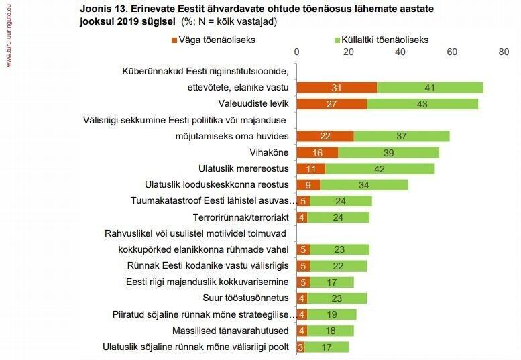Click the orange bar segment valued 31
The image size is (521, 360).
click(336, 88)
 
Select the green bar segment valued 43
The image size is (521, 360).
click(422, 103)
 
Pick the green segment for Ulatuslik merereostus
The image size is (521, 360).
click(380, 168)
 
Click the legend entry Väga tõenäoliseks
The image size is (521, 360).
click(217, 40)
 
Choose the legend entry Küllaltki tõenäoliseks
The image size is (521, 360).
click(386, 40)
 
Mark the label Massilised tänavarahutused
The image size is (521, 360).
click(230, 331)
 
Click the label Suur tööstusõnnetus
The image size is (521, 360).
click(245, 298)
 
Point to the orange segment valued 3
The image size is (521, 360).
click(300, 347)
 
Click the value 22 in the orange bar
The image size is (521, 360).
click(325, 136)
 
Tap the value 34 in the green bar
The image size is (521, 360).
click(363, 184)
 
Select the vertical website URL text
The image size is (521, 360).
click(8, 34)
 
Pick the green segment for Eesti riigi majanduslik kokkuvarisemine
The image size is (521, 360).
click(332, 282)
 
